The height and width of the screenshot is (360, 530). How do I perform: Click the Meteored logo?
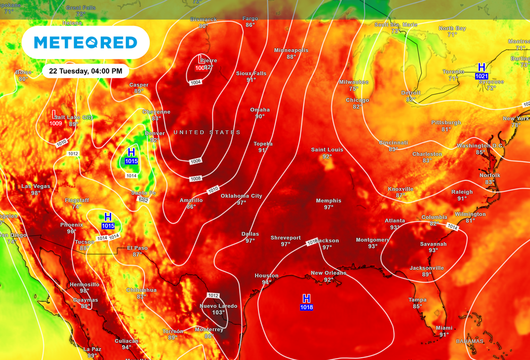click(85, 42)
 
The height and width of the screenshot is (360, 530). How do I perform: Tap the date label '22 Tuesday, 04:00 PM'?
click(85, 70)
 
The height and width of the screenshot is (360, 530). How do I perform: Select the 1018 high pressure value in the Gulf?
click(306, 308)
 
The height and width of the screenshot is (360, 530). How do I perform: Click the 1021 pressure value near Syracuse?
click(481, 76)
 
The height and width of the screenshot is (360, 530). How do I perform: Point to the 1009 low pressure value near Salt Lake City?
click(56, 123)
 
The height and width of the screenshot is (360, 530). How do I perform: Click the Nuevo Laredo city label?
click(218, 306)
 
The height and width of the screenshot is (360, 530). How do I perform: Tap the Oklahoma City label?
click(241, 196)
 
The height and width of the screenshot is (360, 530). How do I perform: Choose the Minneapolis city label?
click(291, 50)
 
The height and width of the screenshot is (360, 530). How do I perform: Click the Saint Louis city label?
click(327, 150)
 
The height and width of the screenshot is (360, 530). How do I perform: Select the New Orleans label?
click(328, 273)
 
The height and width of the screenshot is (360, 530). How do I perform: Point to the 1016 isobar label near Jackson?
click(312, 242)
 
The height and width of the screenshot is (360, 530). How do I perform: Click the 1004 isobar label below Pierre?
click(196, 82)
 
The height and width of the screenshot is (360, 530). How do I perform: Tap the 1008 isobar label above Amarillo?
click(196, 179)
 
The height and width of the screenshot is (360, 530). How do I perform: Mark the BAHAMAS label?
click(469, 341)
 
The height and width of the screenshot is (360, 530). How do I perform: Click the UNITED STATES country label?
click(207, 133)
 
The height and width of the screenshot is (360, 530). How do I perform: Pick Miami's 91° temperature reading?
click(444, 335)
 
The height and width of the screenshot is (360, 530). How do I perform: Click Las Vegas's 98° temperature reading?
click(36, 193)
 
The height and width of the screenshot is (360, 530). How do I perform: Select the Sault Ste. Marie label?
click(396, 24)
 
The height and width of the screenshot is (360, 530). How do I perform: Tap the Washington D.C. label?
click(480, 146)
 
